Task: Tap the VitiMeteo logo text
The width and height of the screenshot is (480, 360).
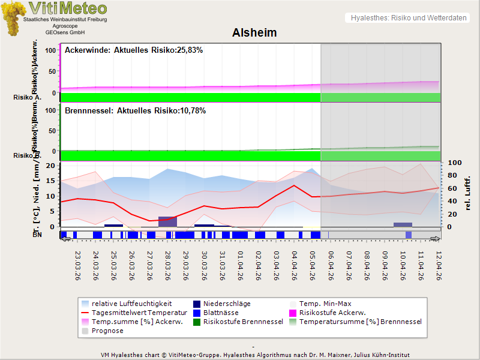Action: (68, 9)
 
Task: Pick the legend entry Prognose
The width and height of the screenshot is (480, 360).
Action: (107, 331)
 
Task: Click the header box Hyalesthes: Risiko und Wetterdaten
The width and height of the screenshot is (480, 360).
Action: (407, 18)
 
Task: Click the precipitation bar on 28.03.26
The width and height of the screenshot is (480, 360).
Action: (168, 221)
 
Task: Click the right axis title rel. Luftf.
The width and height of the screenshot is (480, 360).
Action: (468, 191)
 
